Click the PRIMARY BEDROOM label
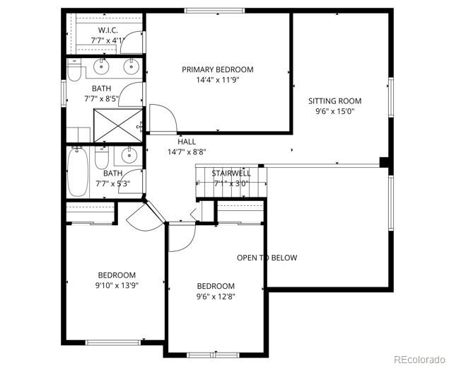click(x=217, y=69)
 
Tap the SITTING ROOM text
click(x=334, y=101)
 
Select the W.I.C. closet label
click(x=107, y=30)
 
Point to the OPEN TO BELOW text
click(x=267, y=258)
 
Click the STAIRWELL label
click(x=231, y=173)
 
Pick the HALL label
click(x=187, y=142)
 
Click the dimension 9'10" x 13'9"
click(x=117, y=285)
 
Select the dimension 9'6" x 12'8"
click(x=216, y=297)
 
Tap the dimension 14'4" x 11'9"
click(x=217, y=80)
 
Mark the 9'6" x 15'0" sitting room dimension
click(x=334, y=111)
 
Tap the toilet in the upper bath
click(x=74, y=72)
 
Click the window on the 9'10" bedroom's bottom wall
click(x=112, y=343)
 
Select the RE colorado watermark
click(x=419, y=358)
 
